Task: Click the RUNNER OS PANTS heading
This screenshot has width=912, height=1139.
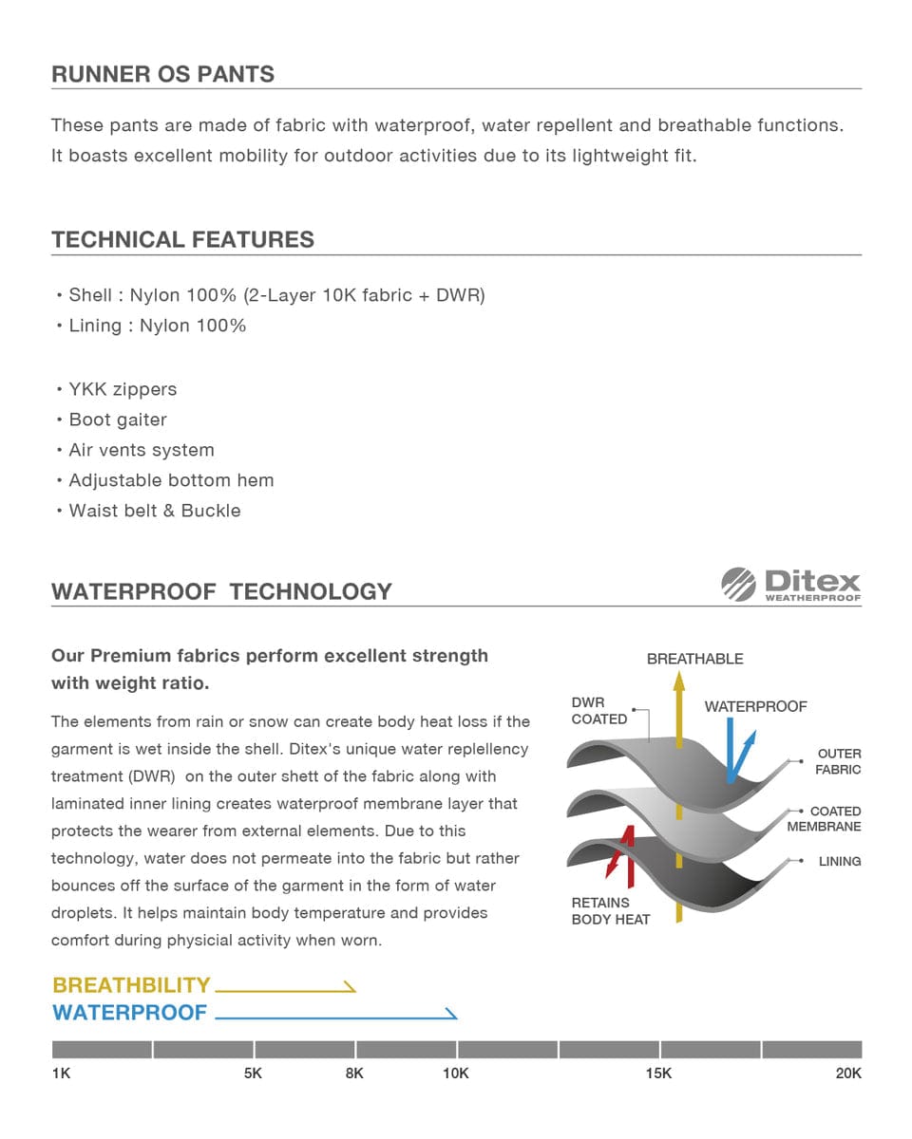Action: pos(162,74)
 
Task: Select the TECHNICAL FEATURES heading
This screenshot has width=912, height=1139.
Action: pos(182,239)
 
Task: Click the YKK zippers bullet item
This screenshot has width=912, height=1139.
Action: pos(123,389)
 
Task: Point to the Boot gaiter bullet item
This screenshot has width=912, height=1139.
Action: pos(118,420)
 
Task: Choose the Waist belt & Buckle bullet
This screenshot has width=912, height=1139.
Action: pos(154,511)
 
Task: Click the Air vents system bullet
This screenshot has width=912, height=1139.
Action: pos(142,450)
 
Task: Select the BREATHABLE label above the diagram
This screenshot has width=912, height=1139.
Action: pos(694,659)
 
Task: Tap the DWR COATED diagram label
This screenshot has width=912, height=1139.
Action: pos(598,711)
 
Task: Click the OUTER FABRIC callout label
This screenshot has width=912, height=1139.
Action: pos(839,761)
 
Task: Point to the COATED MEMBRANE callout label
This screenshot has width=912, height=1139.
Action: pos(825,819)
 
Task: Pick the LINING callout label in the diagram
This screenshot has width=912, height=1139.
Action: pos(840,862)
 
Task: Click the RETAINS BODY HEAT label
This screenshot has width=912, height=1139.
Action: pos(610,911)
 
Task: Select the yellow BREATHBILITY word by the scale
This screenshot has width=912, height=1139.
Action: pos(131,985)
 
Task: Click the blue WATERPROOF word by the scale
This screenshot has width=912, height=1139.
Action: pos(129,1013)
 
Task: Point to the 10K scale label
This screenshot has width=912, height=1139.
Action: pos(456,1074)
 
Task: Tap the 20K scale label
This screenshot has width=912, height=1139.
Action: pos(848,1074)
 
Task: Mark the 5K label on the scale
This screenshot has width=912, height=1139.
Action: pos(253,1074)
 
